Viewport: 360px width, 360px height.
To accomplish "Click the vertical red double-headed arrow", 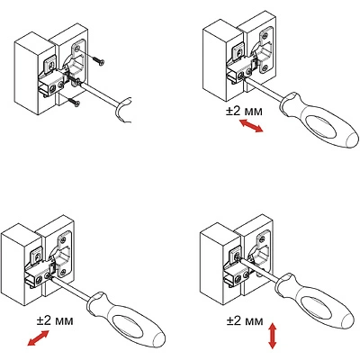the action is (272, 336).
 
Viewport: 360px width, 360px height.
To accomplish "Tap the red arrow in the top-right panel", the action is (251, 125).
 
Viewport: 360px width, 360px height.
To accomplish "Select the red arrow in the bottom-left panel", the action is (38, 337).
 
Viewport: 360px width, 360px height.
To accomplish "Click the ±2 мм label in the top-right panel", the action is (244, 111).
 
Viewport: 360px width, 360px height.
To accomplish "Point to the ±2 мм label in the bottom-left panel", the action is (55, 320).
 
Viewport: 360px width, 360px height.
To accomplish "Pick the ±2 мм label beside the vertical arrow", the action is (245, 321).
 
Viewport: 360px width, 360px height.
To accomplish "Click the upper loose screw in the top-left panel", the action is (98, 60).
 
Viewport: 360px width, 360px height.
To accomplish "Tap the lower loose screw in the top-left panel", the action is (74, 103).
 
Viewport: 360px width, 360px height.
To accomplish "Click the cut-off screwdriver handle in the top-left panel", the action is (123, 110).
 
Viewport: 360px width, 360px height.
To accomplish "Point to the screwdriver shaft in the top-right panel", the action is (263, 88).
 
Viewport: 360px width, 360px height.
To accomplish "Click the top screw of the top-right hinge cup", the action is (265, 37).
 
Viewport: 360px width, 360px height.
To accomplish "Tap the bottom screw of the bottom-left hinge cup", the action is (63, 272).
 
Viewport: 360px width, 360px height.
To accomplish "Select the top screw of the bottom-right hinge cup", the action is (261, 238).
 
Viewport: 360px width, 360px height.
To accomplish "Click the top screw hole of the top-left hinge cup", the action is (77, 49).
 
